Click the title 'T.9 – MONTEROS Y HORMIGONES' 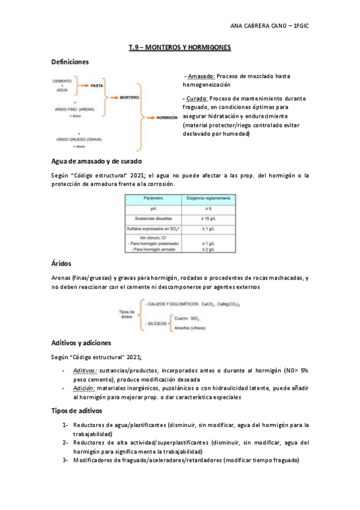[x=180, y=47]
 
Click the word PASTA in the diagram [x=97, y=85]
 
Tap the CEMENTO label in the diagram [x=62, y=81]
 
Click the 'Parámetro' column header [x=153, y=197]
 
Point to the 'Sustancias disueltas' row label [x=153, y=219]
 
